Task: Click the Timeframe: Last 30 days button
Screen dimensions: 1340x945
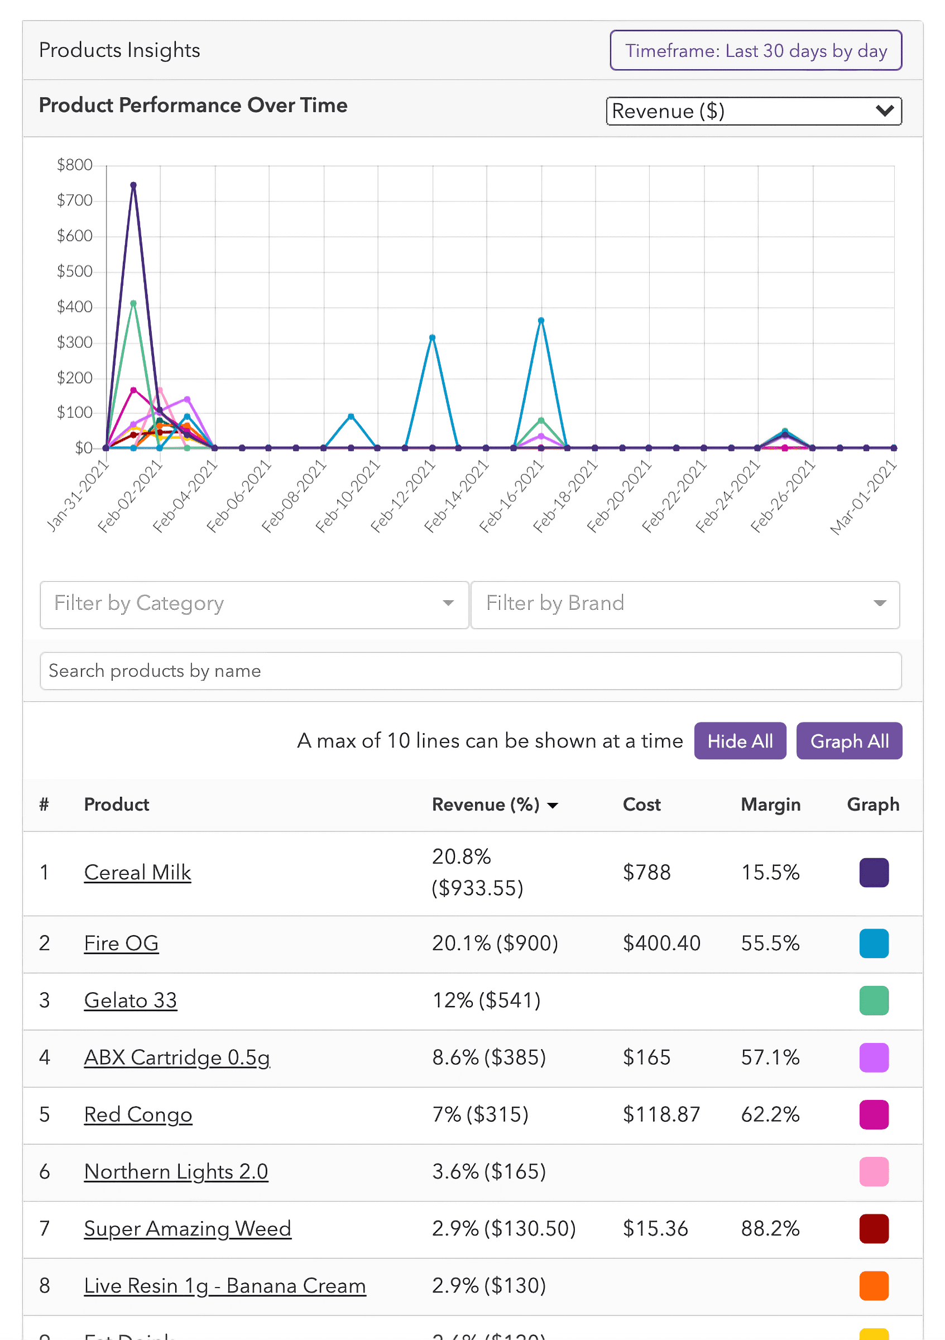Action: [755, 51]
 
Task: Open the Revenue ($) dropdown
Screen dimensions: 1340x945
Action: [753, 111]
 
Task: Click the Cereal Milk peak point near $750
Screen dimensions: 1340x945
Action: [133, 185]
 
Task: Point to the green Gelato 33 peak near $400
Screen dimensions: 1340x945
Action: [133, 304]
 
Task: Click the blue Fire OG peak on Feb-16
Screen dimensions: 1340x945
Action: [541, 320]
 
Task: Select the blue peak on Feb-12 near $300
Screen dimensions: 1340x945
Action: [432, 337]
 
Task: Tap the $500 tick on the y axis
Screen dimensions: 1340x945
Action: [75, 271]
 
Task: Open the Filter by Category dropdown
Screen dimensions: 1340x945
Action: [255, 604]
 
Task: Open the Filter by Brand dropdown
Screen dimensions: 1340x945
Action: [685, 604]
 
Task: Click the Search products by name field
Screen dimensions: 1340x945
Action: [470, 671]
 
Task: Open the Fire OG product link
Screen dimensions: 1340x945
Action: [121, 943]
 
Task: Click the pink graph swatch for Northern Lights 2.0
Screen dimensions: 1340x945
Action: [873, 1171]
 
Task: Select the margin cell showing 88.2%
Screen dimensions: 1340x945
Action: [770, 1228]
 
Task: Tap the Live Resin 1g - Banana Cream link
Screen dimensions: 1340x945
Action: [224, 1286]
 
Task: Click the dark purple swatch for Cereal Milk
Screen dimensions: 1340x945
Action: [873, 872]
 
